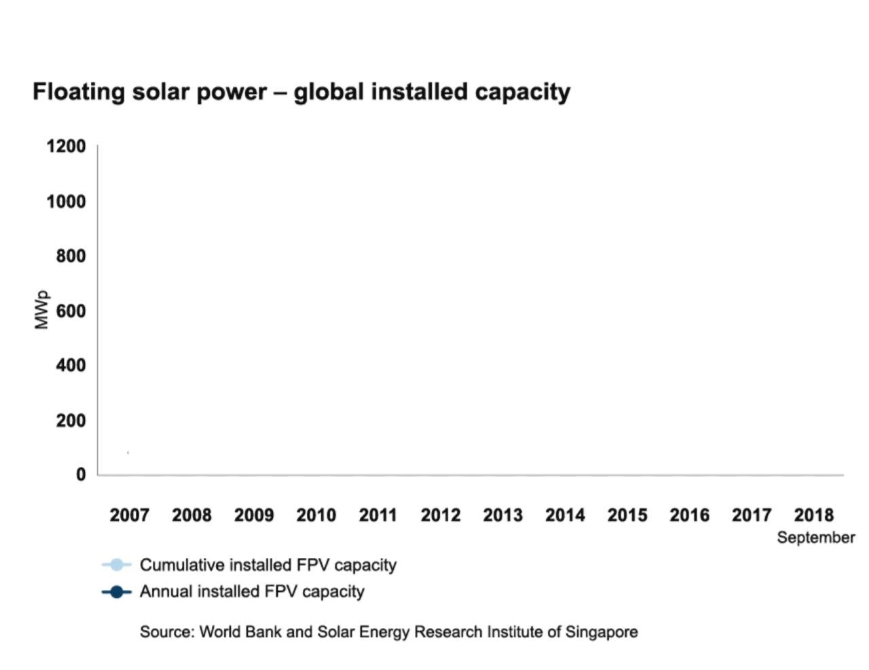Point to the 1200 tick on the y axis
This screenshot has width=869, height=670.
tap(66, 147)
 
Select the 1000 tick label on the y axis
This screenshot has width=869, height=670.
tap(66, 202)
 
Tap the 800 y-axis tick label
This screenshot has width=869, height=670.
tap(71, 256)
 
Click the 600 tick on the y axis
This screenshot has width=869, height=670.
tap(71, 311)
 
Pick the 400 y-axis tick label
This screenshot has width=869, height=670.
tap(71, 366)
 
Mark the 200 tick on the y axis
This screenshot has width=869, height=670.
tap(71, 421)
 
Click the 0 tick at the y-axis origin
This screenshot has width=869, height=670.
tap(81, 474)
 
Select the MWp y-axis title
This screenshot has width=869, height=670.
tap(42, 310)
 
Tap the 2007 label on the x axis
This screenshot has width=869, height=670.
tap(129, 515)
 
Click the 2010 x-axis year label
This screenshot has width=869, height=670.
tap(316, 515)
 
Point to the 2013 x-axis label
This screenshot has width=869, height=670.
tap(502, 515)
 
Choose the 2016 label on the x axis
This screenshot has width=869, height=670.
tap(689, 515)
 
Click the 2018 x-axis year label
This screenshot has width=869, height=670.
tap(813, 515)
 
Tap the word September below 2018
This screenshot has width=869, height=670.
tap(815, 537)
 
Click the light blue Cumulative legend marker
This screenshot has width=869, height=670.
tap(116, 565)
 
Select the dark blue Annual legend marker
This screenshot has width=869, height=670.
tap(116, 592)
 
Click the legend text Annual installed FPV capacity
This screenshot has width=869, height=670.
tap(252, 592)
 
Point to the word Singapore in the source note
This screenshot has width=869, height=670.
tap(602, 632)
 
